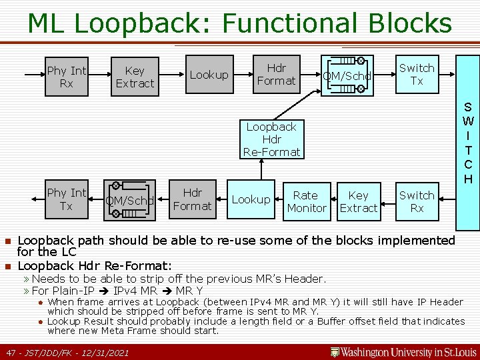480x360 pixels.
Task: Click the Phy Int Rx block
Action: (x=67, y=77)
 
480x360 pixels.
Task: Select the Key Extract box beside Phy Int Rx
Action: (x=135, y=77)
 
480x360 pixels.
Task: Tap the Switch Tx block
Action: (x=416, y=75)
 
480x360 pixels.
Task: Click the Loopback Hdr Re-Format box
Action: (x=271, y=139)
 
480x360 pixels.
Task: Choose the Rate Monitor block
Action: (x=306, y=201)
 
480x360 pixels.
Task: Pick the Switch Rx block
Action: (x=416, y=201)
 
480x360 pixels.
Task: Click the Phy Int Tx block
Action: (x=67, y=199)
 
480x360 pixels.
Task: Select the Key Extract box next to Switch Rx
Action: (x=358, y=201)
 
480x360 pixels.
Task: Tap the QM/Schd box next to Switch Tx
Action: (x=347, y=76)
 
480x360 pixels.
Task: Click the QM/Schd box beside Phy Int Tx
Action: (x=130, y=200)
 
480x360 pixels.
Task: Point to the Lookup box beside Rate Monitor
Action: (x=251, y=200)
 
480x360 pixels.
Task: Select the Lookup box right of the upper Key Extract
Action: (x=209, y=75)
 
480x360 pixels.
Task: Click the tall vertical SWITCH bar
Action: (x=468, y=141)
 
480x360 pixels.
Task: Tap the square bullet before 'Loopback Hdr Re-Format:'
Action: (x=7, y=267)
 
